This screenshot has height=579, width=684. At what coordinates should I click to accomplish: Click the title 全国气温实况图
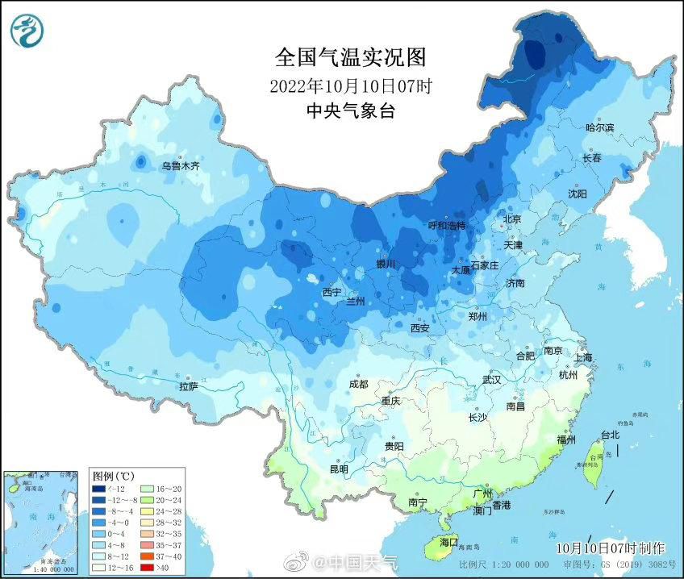(x=349, y=57)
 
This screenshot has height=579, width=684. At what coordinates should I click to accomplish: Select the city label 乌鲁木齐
(x=179, y=165)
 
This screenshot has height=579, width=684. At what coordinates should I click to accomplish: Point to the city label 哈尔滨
(x=599, y=127)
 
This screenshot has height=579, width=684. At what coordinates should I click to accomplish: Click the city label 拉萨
(x=188, y=387)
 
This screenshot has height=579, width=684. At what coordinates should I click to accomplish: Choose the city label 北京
(x=512, y=219)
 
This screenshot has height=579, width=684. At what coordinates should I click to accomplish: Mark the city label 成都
(x=358, y=385)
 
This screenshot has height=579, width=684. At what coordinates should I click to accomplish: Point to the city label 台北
(x=610, y=435)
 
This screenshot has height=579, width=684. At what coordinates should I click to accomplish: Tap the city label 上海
(x=584, y=357)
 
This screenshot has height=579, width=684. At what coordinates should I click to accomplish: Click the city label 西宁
(x=332, y=292)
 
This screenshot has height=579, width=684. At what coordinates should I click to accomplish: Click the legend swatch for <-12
(x=98, y=489)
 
